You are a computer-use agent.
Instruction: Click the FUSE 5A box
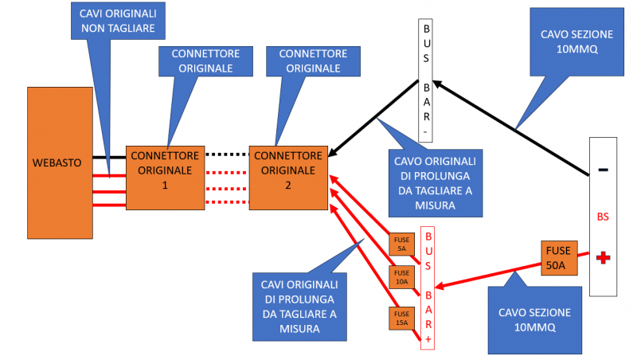[x=401, y=244]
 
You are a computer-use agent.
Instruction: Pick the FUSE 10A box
[x=401, y=276]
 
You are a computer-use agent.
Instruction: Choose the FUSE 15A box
[x=401, y=317]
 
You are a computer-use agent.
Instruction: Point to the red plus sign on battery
[x=603, y=257]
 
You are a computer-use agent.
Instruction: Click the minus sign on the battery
[x=603, y=170]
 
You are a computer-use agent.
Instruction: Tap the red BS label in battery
[x=603, y=216]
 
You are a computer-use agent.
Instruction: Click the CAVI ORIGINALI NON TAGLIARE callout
[x=118, y=22]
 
